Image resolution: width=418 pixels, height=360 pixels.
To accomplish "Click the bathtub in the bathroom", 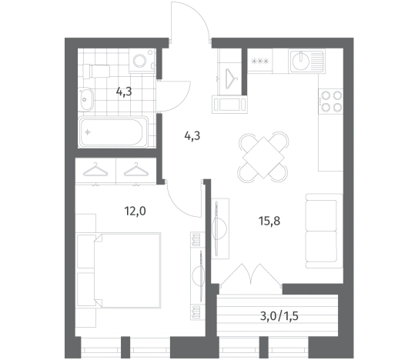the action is [113, 132].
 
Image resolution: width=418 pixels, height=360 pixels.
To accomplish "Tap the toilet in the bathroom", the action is [96, 71].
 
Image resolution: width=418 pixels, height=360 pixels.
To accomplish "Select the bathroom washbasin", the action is [86, 99].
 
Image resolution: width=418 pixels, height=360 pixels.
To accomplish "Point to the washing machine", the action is [142, 61].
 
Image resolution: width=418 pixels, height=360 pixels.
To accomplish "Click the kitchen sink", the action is [307, 61].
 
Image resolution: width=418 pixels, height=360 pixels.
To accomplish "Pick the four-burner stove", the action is [330, 102].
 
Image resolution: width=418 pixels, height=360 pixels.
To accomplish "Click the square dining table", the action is [263, 157].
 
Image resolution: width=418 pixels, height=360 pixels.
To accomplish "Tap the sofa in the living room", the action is [324, 231].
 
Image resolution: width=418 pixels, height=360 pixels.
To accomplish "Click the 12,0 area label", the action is [135, 212].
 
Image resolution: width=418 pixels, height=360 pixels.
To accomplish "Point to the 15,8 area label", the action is [269, 221].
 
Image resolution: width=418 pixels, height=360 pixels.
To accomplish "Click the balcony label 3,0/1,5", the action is [279, 316].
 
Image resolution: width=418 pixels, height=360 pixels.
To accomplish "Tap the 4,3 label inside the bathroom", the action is [124, 92].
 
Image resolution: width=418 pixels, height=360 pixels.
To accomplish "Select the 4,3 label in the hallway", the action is [192, 136].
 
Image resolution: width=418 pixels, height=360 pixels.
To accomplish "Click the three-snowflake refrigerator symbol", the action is [260, 62].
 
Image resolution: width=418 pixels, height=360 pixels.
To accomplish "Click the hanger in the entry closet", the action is [232, 79].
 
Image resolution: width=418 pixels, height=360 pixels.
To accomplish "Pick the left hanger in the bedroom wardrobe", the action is [95, 170].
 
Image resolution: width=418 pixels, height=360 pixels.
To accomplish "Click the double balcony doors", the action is [251, 275].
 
